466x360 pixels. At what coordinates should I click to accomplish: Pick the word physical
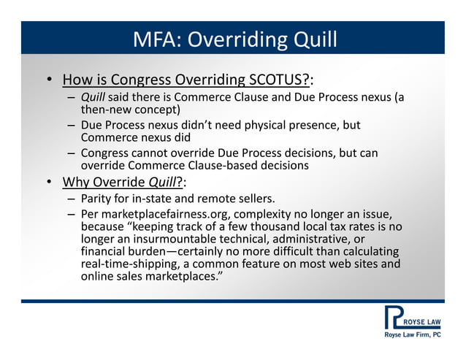[247, 125]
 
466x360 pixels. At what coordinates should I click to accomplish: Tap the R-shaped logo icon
[394, 318]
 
